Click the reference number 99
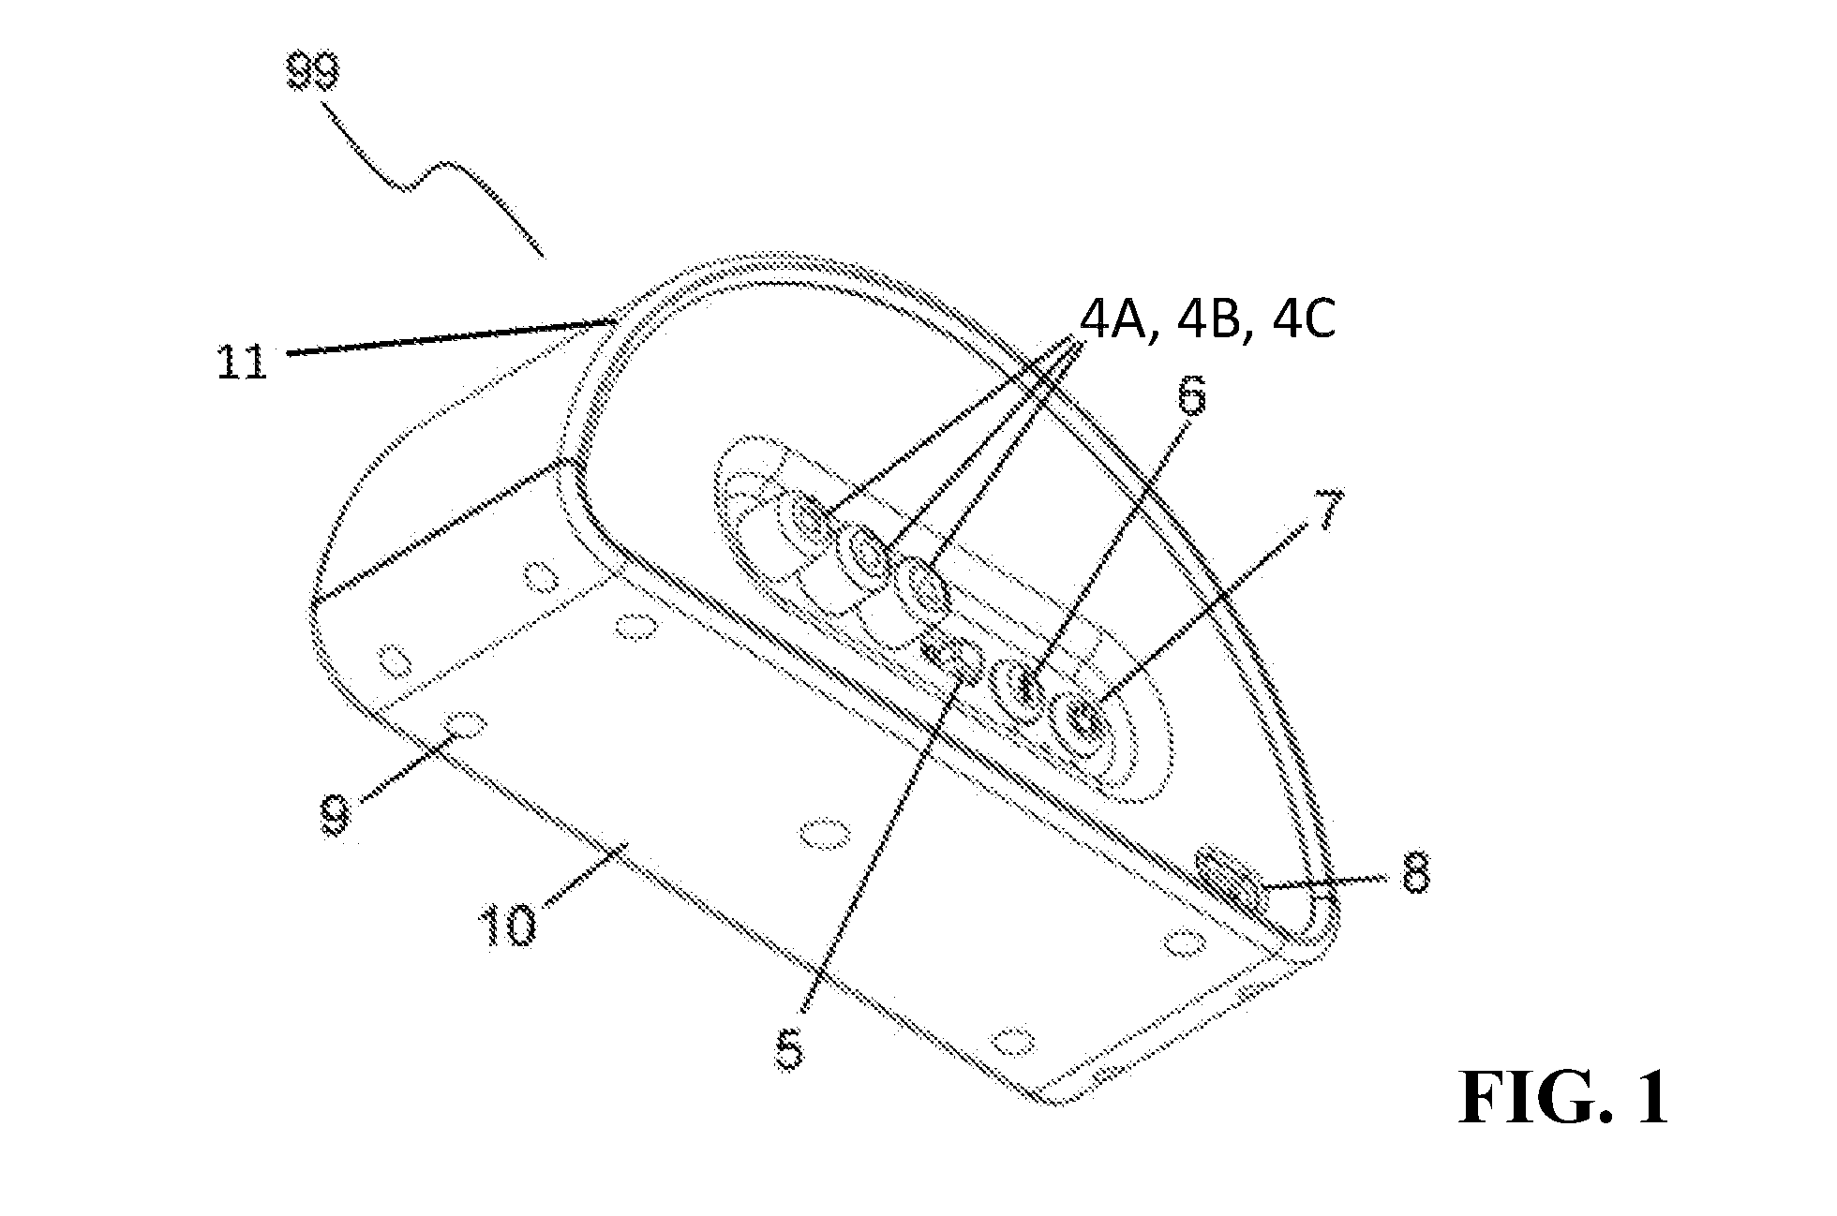point(313,72)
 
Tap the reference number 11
point(242,362)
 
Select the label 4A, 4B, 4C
point(1208,321)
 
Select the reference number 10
point(508,925)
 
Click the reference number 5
point(790,1049)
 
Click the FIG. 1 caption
point(1563,1098)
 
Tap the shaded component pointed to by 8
point(1232,878)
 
